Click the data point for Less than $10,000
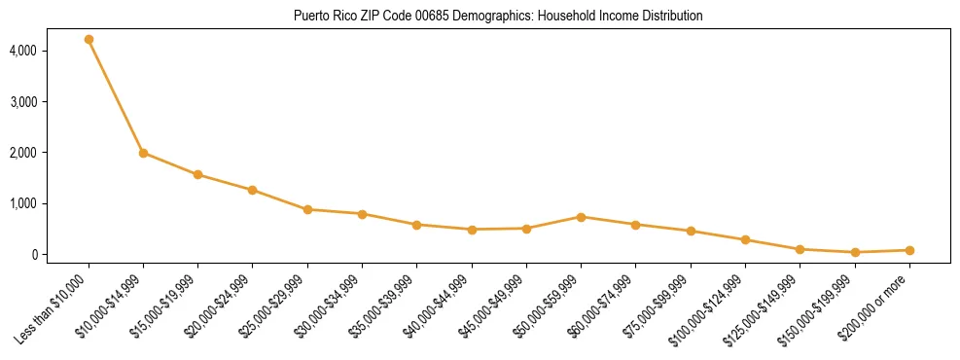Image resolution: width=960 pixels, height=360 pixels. [89, 40]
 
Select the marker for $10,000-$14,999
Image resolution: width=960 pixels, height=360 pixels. [143, 153]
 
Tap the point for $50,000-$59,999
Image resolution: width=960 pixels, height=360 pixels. [581, 217]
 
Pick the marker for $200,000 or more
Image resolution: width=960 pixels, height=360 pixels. [909, 250]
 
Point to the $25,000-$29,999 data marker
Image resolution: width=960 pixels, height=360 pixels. [307, 209]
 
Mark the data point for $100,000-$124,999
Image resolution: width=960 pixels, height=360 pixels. [745, 239]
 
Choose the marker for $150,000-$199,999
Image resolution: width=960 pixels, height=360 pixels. [855, 252]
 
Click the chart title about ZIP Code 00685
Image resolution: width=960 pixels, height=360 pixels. [498, 17]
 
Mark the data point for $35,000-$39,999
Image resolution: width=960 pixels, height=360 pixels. [416, 225]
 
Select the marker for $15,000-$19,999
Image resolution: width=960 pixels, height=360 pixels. [197, 175]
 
